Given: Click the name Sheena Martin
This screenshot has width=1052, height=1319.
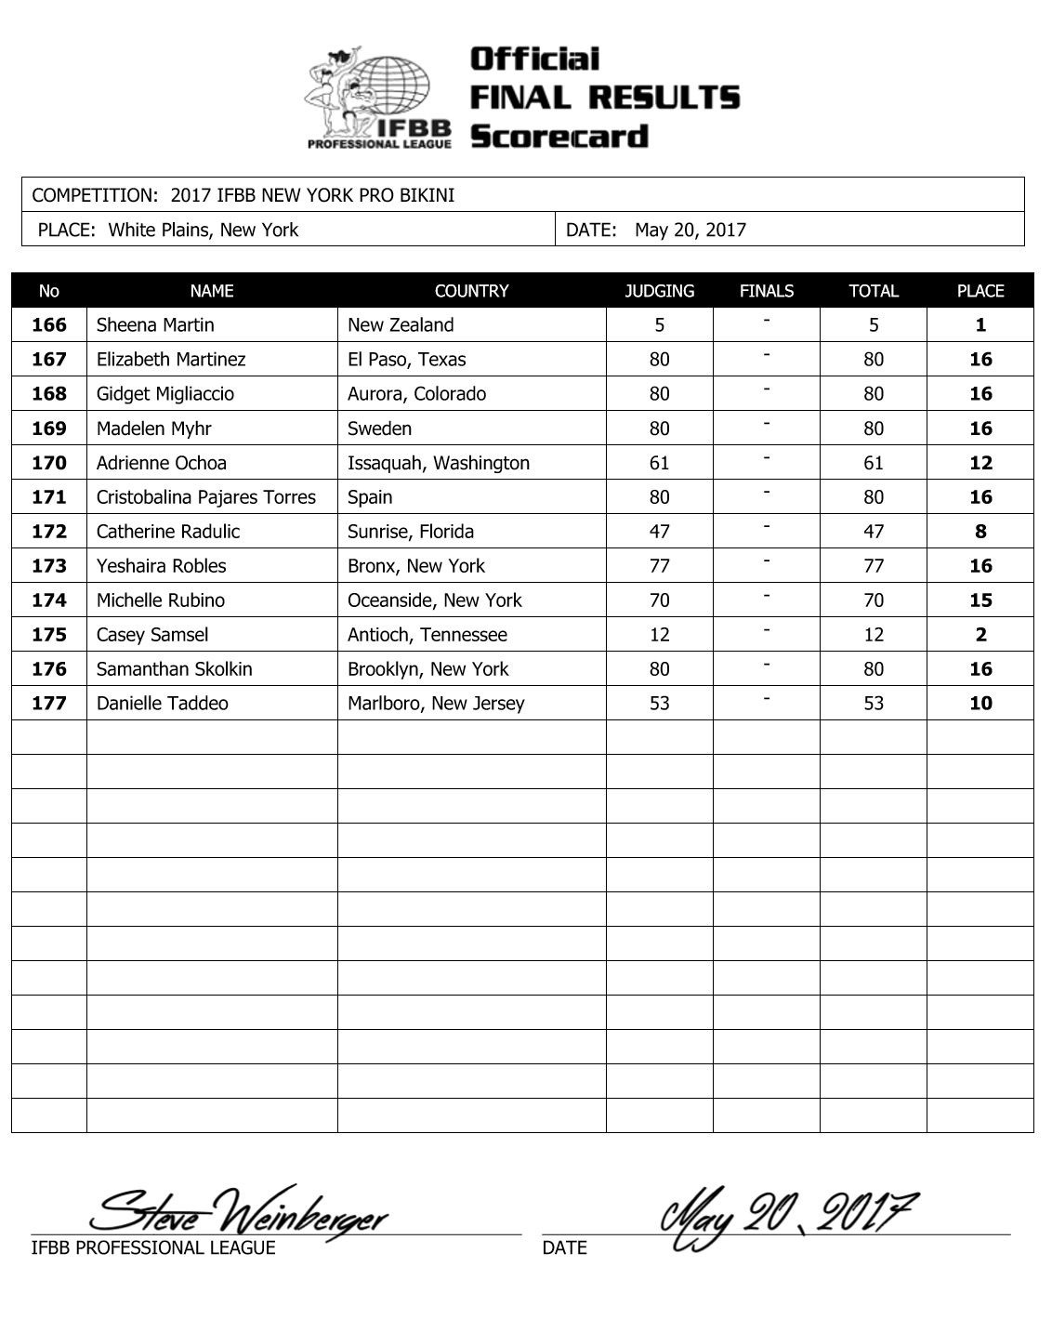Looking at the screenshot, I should [x=155, y=325].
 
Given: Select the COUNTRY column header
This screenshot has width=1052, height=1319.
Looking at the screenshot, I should [x=471, y=291].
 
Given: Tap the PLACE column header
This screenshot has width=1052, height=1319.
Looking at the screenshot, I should [x=980, y=291].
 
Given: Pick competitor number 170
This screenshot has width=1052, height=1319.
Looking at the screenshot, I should [x=49, y=463].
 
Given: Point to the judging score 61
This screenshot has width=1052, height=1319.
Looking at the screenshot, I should [x=659, y=463].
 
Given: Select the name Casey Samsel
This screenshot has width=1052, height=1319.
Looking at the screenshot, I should [x=152, y=635].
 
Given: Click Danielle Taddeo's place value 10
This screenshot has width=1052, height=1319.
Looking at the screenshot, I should [x=980, y=704].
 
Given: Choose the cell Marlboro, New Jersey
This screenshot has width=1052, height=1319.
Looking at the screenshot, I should [x=436, y=704].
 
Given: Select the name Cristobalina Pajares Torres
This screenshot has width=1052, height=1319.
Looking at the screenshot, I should [x=206, y=497].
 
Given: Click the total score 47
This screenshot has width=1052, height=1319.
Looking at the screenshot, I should [x=874, y=532].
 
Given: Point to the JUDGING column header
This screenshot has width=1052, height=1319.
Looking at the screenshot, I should [x=659, y=291].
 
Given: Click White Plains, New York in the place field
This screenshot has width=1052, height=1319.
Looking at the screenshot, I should [x=203, y=231].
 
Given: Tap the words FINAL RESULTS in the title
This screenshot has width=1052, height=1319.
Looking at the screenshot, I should [x=605, y=98].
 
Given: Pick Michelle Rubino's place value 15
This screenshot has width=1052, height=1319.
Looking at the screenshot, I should [x=980, y=600].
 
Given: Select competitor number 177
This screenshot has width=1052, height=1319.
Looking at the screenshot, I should [x=49, y=704].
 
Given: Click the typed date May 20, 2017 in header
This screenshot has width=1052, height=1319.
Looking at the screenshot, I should [x=690, y=231].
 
